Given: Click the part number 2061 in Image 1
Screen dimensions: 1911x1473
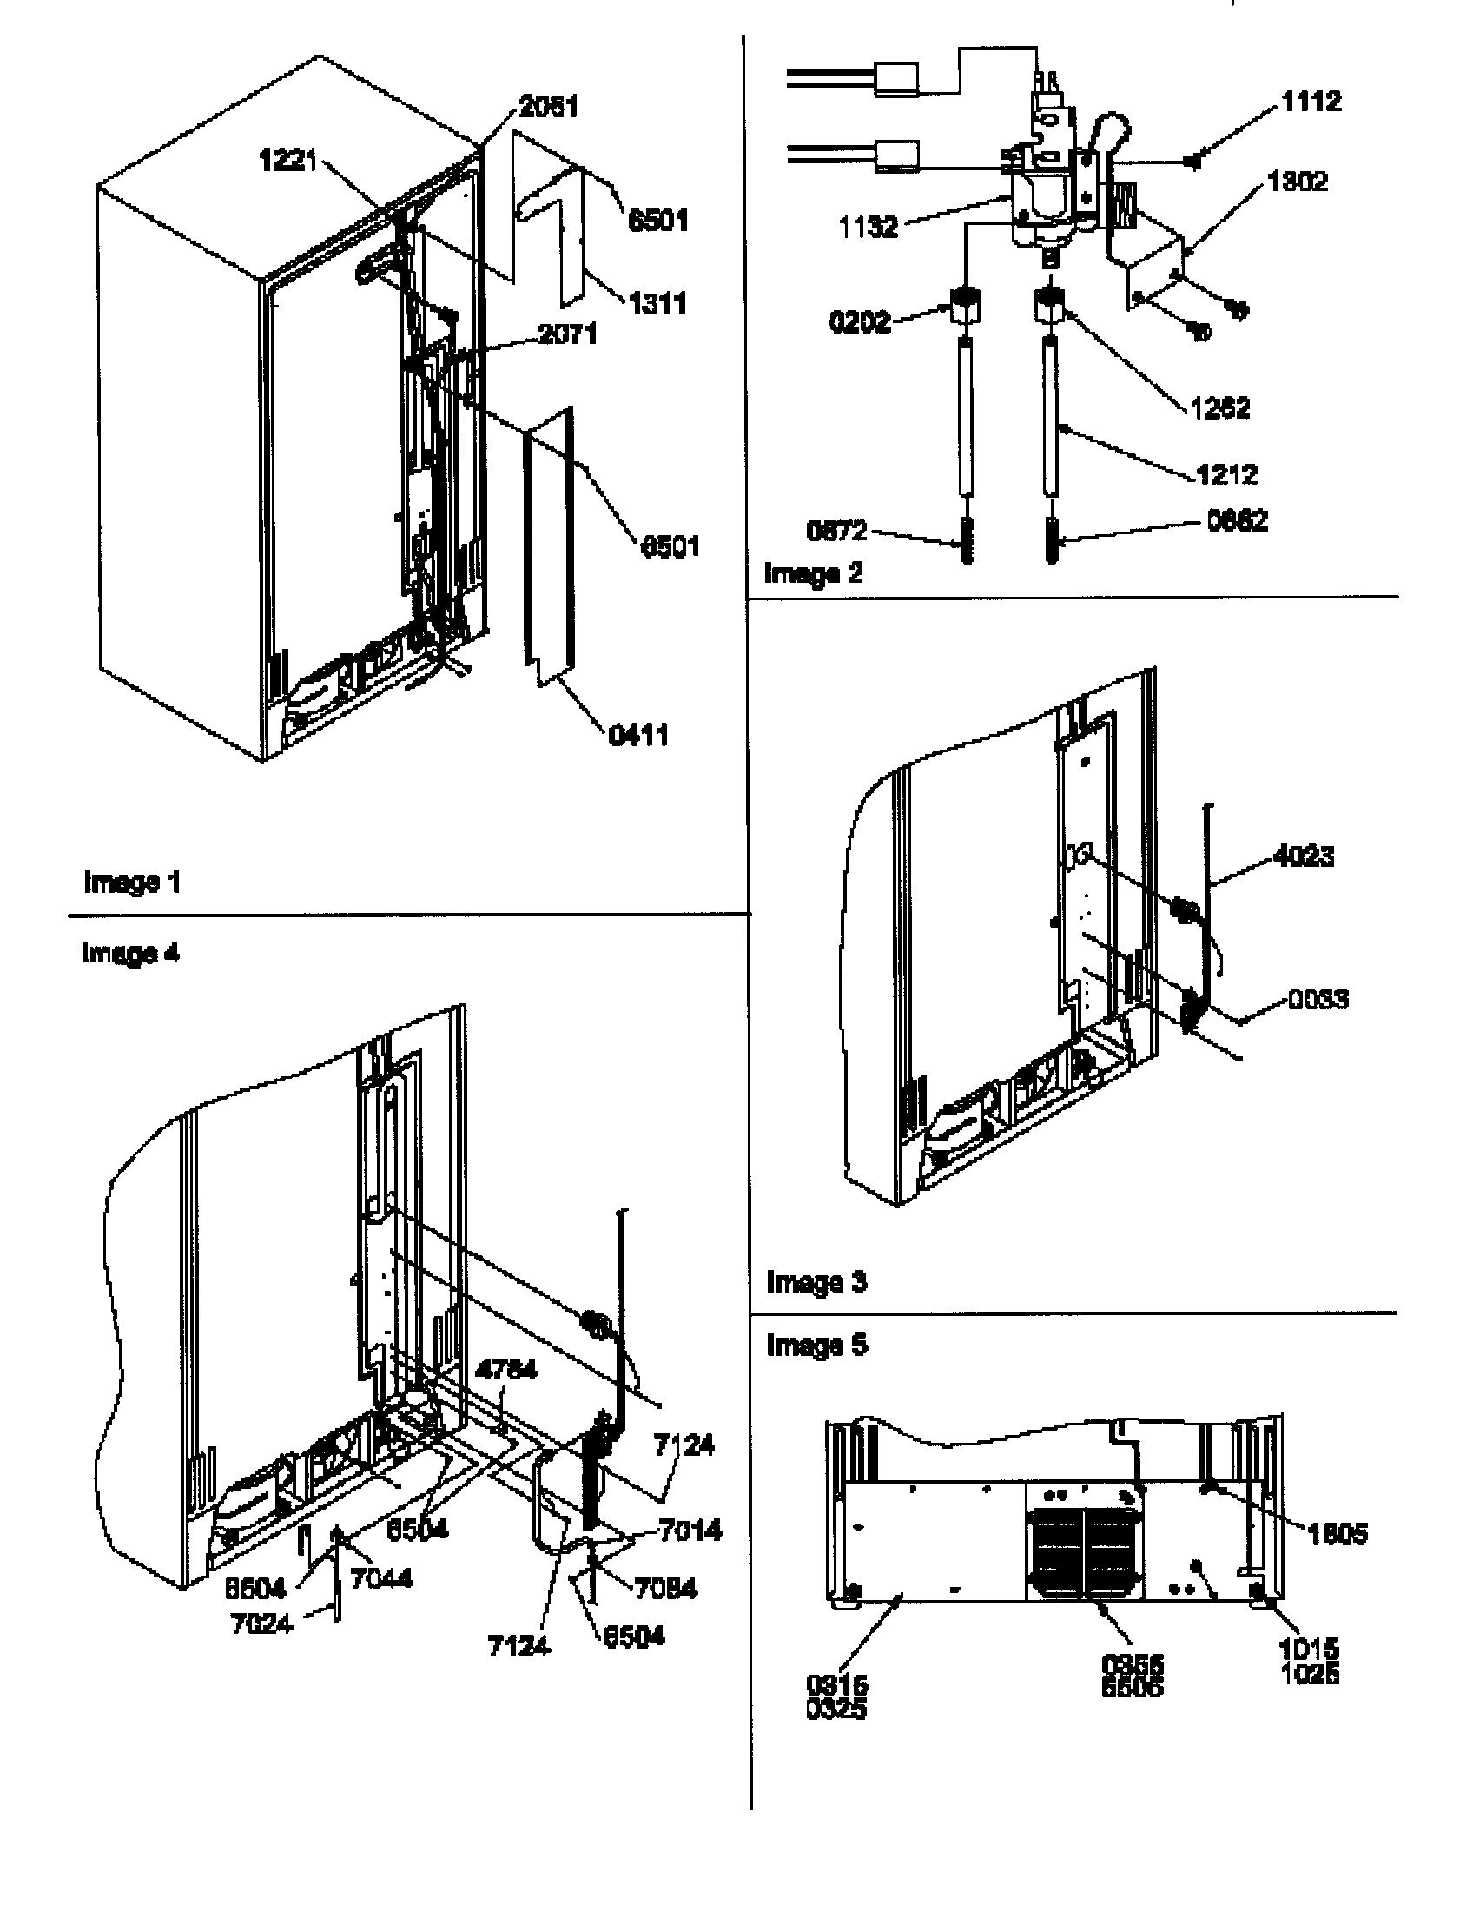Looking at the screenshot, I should coord(547,108).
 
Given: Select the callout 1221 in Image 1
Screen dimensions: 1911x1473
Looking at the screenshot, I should coord(287,161).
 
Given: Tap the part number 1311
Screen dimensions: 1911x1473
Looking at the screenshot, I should coord(657,304).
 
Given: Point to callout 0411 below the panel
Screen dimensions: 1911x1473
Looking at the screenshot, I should coord(637,734).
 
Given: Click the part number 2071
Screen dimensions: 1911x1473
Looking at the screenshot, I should coord(567,334).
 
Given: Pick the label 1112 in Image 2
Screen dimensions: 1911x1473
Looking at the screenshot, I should coord(1311,102).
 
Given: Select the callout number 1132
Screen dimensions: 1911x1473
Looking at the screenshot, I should coord(868,227).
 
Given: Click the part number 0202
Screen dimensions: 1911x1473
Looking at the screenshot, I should coord(859,322).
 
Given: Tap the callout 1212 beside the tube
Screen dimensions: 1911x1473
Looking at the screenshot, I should coord(1226,475).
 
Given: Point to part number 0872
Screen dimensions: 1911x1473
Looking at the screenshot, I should coord(836,530).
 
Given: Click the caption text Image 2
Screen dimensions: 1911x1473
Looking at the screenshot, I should coord(813,574).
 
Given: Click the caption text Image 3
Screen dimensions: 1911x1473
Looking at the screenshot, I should coord(816,1283).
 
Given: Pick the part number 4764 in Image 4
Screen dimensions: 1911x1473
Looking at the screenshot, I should coord(505,1370).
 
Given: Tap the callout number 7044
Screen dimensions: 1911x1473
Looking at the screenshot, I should coord(380,1578).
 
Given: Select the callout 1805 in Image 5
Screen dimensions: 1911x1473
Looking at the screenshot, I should coord(1337,1533).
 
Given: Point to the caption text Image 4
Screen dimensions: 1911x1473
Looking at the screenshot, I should coord(129,952).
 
